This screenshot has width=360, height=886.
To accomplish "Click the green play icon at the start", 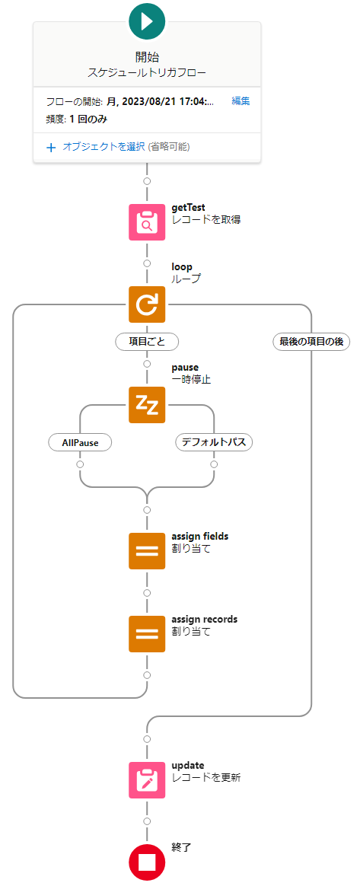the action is (x=147, y=21).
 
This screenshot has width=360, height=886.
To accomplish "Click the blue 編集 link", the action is (x=241, y=101).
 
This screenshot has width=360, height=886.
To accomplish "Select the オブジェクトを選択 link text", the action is (x=104, y=147).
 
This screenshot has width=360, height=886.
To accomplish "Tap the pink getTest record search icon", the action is (x=147, y=221).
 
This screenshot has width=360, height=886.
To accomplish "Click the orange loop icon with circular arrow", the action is (x=147, y=304).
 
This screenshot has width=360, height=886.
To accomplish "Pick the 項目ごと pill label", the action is (x=147, y=341).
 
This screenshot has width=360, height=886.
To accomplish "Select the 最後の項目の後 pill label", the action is (x=311, y=341).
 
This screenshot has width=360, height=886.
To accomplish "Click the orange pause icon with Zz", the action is (x=147, y=405).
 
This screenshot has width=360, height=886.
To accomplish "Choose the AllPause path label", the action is (x=80, y=442).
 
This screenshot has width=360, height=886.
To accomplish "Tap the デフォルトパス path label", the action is (x=214, y=442).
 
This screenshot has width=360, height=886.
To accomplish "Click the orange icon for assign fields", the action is (x=147, y=551).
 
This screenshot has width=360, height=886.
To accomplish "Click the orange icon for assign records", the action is (x=147, y=633).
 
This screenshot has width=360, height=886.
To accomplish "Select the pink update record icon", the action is (x=147, y=780).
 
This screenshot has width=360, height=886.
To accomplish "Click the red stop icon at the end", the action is (x=147, y=863).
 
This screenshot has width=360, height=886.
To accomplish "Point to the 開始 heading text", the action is (x=147, y=56).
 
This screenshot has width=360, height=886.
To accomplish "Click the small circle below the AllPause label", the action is (x=80, y=464).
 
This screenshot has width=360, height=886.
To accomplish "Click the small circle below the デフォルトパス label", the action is (x=214, y=464).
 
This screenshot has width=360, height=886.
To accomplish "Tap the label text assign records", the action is (x=205, y=619).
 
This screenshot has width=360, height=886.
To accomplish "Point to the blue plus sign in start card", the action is (x=51, y=148).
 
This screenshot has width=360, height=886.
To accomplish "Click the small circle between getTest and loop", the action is (x=147, y=263).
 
